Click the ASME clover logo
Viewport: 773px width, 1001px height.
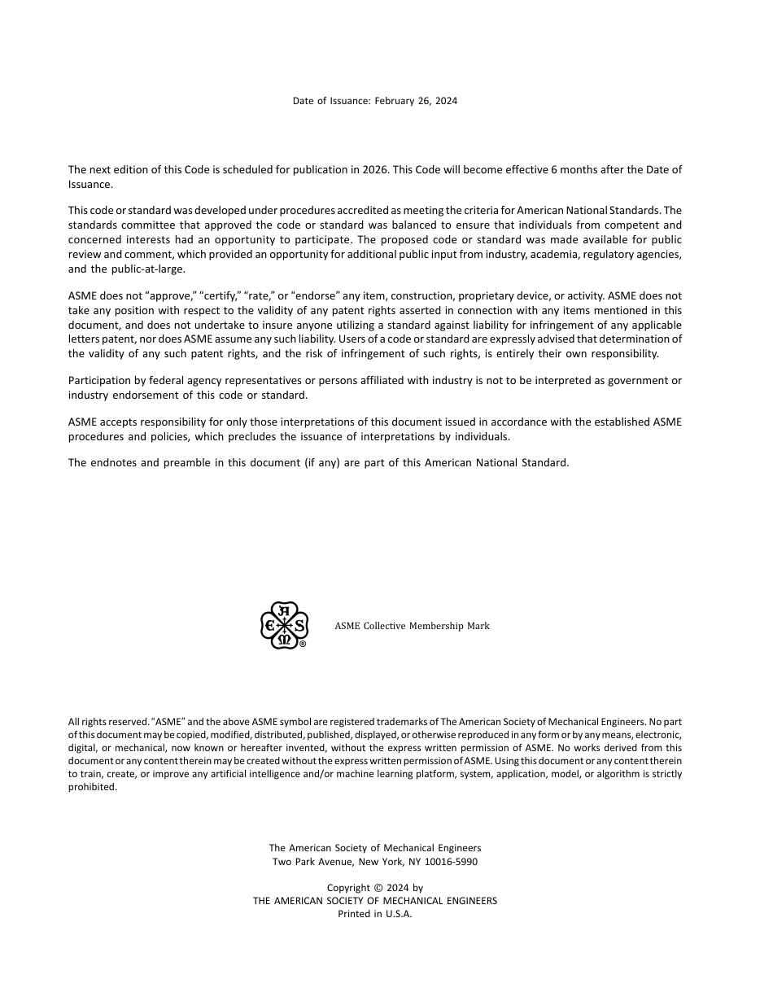283,625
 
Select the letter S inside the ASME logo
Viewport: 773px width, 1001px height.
299,625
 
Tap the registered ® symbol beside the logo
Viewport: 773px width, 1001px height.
303,644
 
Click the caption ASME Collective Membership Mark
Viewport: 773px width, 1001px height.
412,626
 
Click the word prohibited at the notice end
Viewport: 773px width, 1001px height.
93,787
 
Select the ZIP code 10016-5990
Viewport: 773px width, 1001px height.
451,861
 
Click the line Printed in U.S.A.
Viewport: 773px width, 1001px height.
375,914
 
